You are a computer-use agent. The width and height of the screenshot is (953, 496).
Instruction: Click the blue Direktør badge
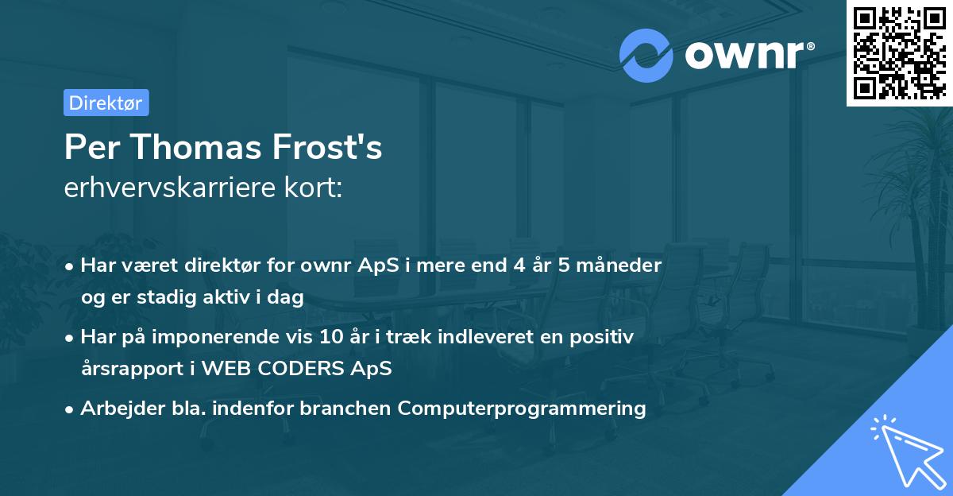tap(106, 103)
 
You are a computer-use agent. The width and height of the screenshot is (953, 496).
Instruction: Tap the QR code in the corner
tap(899, 53)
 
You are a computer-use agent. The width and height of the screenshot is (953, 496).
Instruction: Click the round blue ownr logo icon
tap(646, 56)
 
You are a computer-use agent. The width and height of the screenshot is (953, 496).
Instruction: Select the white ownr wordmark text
tap(747, 55)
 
